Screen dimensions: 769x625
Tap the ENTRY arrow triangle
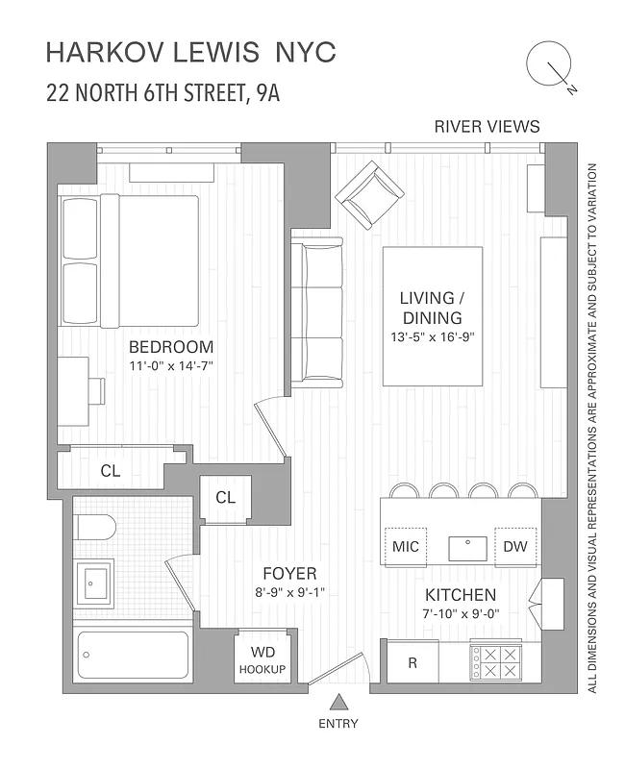coord(337,702)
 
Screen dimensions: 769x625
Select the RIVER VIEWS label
coord(487,126)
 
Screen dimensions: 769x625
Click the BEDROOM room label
coord(171,347)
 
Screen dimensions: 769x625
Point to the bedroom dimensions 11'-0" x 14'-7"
coord(171,365)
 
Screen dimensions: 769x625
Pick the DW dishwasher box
coord(515,547)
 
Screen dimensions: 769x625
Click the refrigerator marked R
coord(412,661)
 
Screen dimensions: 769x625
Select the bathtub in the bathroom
coord(132,657)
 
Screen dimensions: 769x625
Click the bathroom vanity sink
coord(95,582)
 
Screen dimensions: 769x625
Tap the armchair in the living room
coord(372,194)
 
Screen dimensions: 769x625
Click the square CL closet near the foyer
coord(226,498)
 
